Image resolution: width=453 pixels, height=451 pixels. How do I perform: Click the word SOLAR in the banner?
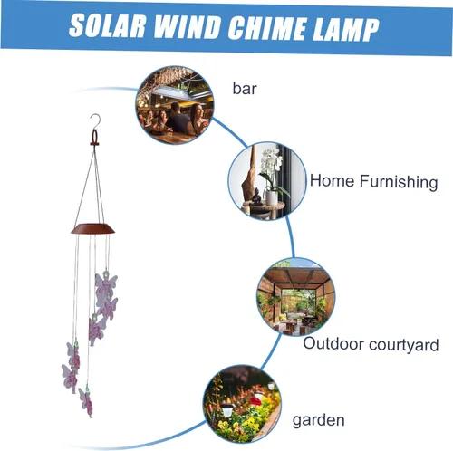(108, 25)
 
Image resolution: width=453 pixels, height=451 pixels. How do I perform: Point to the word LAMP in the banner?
(345, 30)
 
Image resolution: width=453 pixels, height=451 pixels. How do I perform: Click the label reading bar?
(245, 89)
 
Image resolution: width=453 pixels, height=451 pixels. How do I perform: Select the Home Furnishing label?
(374, 181)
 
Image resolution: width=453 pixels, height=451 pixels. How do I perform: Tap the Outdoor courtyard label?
(371, 344)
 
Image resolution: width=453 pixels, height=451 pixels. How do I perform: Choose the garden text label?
(319, 420)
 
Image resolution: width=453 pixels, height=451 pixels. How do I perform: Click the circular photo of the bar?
(175, 105)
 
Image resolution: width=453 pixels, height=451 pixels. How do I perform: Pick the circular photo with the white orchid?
(267, 181)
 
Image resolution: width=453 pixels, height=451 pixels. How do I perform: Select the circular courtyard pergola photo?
(295, 297)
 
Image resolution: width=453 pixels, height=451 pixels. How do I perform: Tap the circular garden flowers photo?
(242, 404)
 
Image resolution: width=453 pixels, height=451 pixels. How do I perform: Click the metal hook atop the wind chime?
(95, 121)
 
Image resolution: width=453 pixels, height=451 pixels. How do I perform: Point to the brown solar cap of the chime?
(93, 228)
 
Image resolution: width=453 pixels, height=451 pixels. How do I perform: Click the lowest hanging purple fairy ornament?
(86, 401)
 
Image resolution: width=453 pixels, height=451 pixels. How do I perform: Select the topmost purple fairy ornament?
(106, 284)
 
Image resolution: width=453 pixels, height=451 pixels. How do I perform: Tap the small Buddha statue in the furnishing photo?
(257, 197)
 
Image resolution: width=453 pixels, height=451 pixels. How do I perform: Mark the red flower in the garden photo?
(255, 401)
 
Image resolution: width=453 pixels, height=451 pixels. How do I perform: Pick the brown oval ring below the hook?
(94, 138)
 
